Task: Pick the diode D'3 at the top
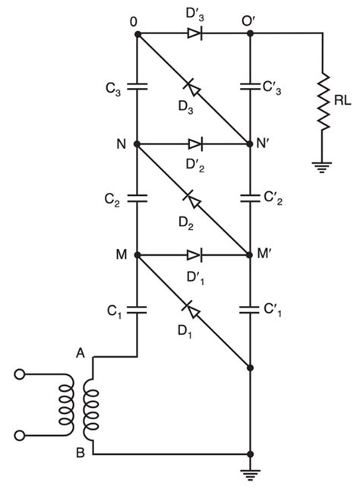[194, 33]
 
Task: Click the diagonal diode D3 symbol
[194, 89]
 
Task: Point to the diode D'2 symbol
[194, 144]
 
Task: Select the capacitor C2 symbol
[137, 198]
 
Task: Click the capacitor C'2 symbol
[251, 198]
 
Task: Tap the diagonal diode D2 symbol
[194, 200]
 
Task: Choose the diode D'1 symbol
[194, 254]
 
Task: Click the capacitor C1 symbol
[137, 310]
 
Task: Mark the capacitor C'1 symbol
[251, 310]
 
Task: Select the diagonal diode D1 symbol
[194, 311]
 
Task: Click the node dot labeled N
[137, 144]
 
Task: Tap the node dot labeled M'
[251, 254]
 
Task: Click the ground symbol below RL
[321, 167]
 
